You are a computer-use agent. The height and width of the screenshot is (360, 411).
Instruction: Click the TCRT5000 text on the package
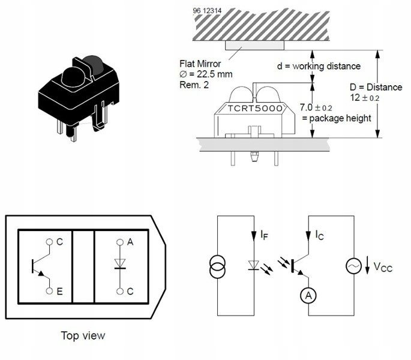(255, 108)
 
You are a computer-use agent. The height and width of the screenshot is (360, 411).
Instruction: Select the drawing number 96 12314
(207, 11)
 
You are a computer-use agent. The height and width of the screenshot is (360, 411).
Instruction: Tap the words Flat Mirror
(200, 64)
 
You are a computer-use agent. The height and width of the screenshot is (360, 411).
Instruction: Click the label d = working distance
(319, 66)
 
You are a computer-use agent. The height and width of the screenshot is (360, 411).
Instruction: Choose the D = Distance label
(376, 87)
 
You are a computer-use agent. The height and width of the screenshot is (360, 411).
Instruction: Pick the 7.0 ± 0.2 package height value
(316, 107)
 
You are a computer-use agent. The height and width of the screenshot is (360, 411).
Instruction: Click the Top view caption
(83, 335)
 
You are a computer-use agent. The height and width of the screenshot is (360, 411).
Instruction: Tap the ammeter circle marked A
(308, 296)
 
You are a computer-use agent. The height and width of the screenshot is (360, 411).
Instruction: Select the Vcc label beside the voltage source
(383, 267)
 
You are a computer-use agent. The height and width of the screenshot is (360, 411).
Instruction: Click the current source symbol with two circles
(217, 266)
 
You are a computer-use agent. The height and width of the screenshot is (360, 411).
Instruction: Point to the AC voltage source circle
(353, 266)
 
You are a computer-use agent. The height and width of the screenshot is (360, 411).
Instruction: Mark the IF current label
(264, 235)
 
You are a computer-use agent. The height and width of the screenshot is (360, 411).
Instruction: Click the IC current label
(320, 235)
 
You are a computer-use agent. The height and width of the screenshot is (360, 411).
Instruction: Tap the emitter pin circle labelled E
(49, 291)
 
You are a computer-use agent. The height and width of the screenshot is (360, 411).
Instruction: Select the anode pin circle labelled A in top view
(120, 242)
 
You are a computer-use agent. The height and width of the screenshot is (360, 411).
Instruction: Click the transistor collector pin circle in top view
(49, 242)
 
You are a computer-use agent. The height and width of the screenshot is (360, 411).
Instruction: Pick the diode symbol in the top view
(120, 264)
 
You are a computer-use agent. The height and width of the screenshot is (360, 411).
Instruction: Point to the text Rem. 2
(194, 85)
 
